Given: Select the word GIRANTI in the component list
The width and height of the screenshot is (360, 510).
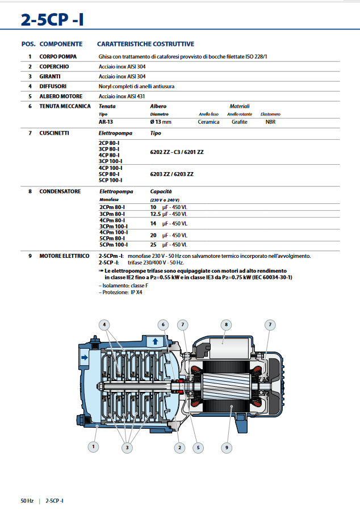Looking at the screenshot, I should pos(50,76).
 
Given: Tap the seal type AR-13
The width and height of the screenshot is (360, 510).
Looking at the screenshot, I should pos(106,122).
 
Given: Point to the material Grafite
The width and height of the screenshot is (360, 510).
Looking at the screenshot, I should pos(239,122).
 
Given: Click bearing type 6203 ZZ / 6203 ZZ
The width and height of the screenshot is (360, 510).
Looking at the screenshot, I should pos(171,174).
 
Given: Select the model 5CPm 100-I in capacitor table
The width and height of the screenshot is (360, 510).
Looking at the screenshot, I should pos(113,244).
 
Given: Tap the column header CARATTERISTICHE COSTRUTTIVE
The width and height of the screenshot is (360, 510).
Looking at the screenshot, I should pos(145,44).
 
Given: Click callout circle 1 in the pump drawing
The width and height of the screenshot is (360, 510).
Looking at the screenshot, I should pos(93,447).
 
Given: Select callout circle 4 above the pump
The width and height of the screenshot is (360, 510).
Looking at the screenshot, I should pos(104,325).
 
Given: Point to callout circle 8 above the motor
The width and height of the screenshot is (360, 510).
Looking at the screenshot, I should pos(226,325).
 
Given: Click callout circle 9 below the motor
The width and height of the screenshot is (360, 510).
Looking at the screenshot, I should pos(226,448).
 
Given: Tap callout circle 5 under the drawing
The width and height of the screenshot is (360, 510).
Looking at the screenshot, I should pos(198,448).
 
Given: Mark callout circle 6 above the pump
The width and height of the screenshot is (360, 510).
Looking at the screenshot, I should pos(163,325).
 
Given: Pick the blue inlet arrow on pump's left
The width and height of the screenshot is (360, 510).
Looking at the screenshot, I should pos(85,357).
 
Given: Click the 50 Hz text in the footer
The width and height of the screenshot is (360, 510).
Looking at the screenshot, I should pos(27,500).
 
